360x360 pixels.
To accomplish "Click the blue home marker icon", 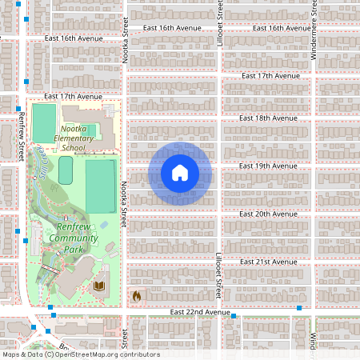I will click(180, 173).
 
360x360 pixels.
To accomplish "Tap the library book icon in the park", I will click(100, 286).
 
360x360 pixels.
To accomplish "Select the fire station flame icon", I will click(136, 296).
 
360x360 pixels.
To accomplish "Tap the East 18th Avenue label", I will click(269, 118).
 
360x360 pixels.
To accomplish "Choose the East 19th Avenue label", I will click(269, 166).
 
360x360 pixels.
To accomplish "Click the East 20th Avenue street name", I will click(269, 214).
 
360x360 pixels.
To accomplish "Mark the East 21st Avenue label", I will click(269, 262).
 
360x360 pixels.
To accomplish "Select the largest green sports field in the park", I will click(100, 186).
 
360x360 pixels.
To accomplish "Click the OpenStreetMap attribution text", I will click(80, 354).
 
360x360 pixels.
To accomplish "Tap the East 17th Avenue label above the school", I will click(74, 96).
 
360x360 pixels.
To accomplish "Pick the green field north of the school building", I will click(45, 118).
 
